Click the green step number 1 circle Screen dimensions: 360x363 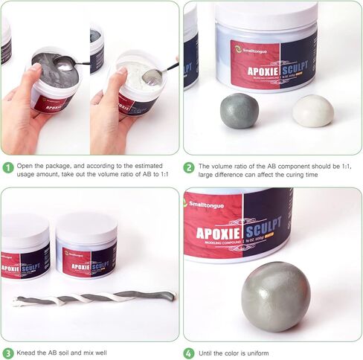point(7,167)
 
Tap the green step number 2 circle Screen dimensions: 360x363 point(189,167)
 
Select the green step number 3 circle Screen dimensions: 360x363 point(7,353)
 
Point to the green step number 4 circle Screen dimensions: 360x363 point(189,353)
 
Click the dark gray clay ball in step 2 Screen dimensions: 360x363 point(239,112)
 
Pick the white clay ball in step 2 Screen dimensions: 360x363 point(312,110)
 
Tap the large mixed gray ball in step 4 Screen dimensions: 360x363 point(275,296)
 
